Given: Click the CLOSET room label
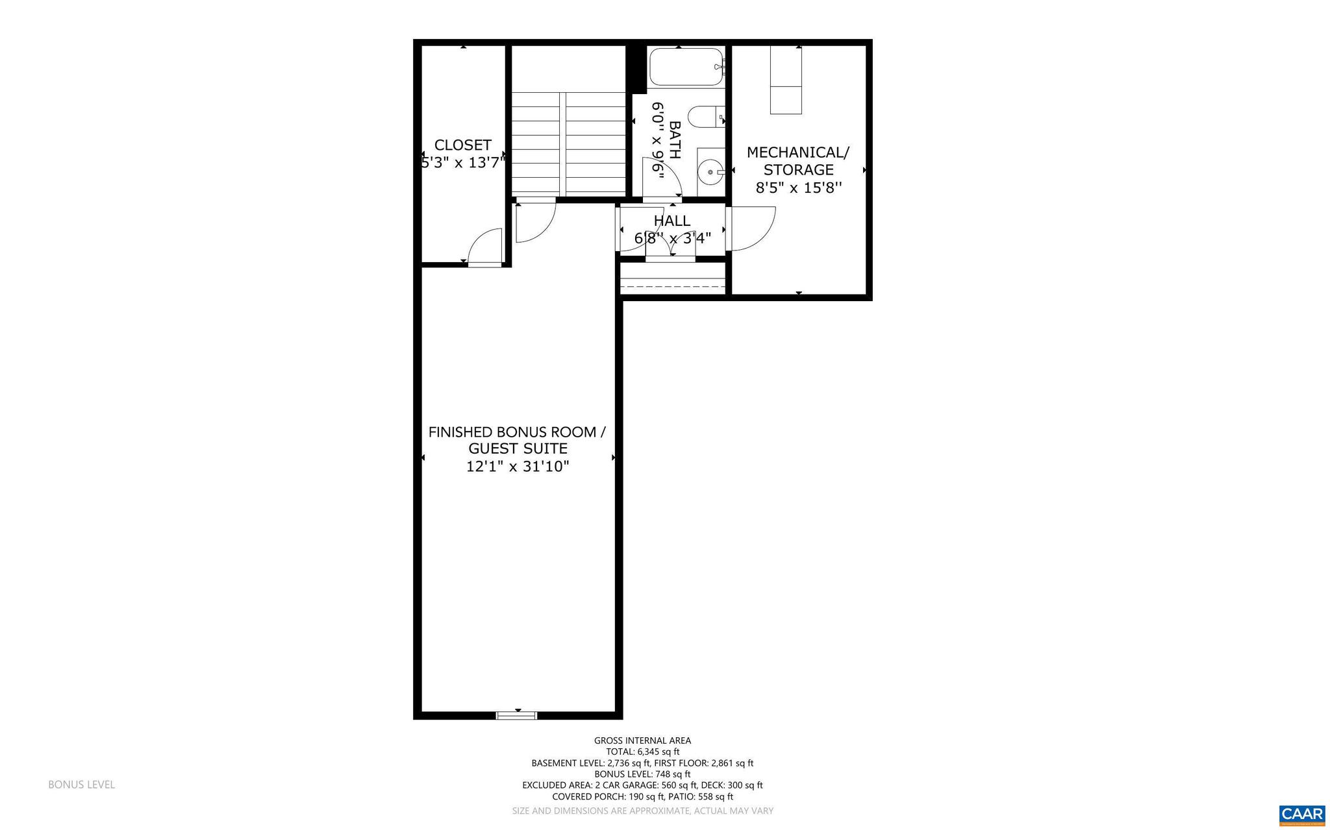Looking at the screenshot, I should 462,145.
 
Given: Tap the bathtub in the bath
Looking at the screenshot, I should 686,67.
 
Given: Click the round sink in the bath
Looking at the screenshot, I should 711,172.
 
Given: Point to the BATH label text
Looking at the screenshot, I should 675,140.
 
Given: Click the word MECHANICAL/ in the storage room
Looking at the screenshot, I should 797,153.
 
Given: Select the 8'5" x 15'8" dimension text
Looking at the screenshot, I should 798,188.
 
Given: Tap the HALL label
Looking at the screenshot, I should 672,221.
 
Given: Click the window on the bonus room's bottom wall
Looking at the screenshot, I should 517,715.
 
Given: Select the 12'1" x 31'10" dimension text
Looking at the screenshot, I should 518,467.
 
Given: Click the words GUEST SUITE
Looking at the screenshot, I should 518,448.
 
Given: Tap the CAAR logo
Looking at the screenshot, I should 1301,814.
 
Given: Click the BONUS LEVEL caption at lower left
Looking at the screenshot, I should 81,785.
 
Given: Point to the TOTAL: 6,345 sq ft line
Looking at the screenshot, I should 642,751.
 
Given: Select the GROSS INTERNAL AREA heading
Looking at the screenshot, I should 642,740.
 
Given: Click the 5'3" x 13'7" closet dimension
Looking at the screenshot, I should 462,163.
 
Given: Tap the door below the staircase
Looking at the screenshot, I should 535,223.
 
